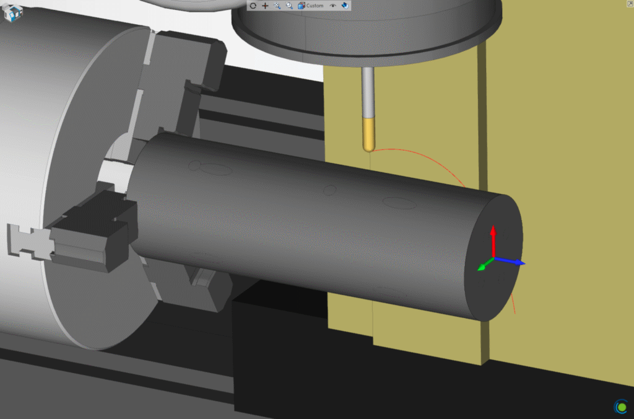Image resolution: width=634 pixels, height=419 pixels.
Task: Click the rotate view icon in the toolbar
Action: coord(253,6)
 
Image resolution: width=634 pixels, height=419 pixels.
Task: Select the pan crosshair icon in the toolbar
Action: coord(265,6)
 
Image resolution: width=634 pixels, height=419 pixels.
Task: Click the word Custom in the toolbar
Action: coord(315,6)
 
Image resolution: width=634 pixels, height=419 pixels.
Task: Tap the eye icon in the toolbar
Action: coord(332,6)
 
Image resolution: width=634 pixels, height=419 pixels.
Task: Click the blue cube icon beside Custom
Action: coord(302,6)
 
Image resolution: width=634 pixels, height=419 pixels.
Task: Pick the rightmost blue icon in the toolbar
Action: coord(345,6)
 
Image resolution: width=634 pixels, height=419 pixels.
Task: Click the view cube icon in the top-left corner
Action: coord(12,13)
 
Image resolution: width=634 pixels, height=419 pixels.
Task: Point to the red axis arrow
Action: coord(493,241)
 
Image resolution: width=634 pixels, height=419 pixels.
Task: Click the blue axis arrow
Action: coord(510,261)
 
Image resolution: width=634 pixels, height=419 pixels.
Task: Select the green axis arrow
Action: coord(485,264)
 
